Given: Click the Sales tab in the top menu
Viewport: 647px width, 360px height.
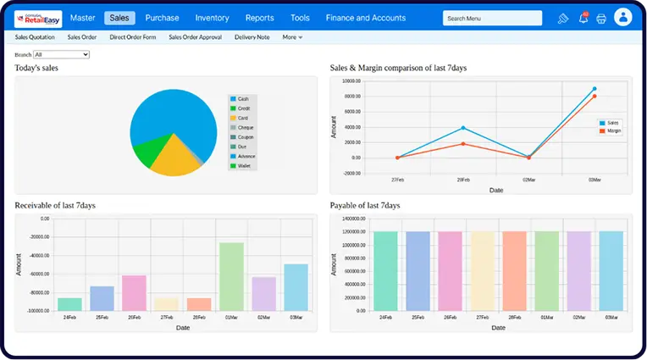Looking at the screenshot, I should [119, 18].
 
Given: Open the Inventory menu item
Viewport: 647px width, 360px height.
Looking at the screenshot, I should [212, 18].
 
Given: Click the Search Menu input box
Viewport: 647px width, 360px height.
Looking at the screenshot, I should [492, 18].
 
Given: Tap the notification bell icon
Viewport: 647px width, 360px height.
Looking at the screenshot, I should [583, 19].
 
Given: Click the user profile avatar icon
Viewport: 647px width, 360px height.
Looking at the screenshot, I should [623, 18].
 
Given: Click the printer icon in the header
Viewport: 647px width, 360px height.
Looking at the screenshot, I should [601, 19].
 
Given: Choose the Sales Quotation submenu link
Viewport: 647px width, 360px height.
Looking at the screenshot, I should [35, 37].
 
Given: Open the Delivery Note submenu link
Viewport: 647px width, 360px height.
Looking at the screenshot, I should [252, 37].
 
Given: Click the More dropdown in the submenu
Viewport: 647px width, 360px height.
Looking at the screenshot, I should [292, 37].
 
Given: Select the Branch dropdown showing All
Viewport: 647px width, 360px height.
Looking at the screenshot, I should [61, 54].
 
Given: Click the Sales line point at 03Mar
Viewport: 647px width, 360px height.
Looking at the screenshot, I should [594, 88].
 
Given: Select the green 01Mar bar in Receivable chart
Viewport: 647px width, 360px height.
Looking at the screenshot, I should [231, 276].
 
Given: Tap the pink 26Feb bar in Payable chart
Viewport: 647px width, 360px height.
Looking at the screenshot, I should [450, 270].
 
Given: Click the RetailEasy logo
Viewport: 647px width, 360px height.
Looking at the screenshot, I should [38, 18].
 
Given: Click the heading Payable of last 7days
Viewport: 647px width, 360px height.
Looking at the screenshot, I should [364, 206].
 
